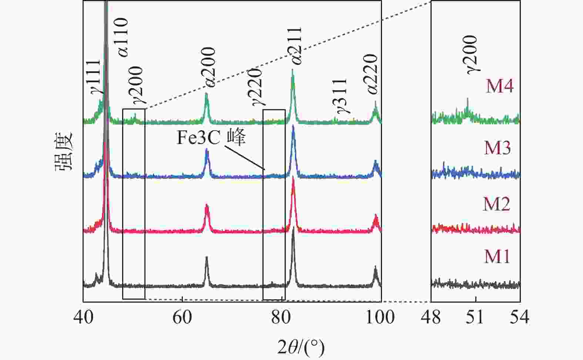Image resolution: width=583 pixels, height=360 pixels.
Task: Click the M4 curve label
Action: (x=500, y=87)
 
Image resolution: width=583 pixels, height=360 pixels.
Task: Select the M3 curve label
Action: (x=497, y=148)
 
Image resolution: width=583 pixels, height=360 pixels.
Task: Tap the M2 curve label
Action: (x=497, y=204)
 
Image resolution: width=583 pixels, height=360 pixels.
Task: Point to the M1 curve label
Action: (x=497, y=257)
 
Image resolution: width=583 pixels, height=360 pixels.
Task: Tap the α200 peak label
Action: (x=210, y=67)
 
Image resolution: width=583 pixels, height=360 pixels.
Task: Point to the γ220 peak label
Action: (x=257, y=87)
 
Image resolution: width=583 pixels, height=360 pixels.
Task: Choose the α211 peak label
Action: (x=297, y=46)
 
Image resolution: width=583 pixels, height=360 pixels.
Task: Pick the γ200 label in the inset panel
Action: (x=472, y=55)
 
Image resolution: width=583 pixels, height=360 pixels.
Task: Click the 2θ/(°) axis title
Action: (x=301, y=347)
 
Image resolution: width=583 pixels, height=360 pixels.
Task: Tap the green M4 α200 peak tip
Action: (x=206, y=94)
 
